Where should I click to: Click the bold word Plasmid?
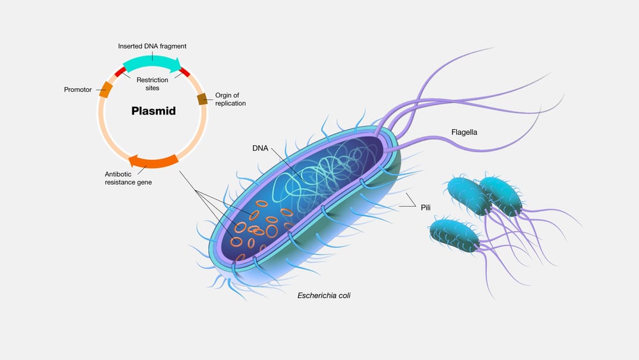[x=153, y=111]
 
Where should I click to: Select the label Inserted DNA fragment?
[x=152, y=46]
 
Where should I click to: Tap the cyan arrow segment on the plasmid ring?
[x=151, y=63]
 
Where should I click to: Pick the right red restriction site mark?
[x=185, y=72]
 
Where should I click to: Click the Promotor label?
[x=79, y=90]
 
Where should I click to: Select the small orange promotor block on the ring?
[x=105, y=90]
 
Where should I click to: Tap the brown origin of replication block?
[x=201, y=98]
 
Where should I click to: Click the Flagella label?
[x=464, y=132]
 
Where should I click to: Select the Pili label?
[x=426, y=207]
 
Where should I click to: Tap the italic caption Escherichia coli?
[x=324, y=295]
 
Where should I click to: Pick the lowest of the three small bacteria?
[x=455, y=234]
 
